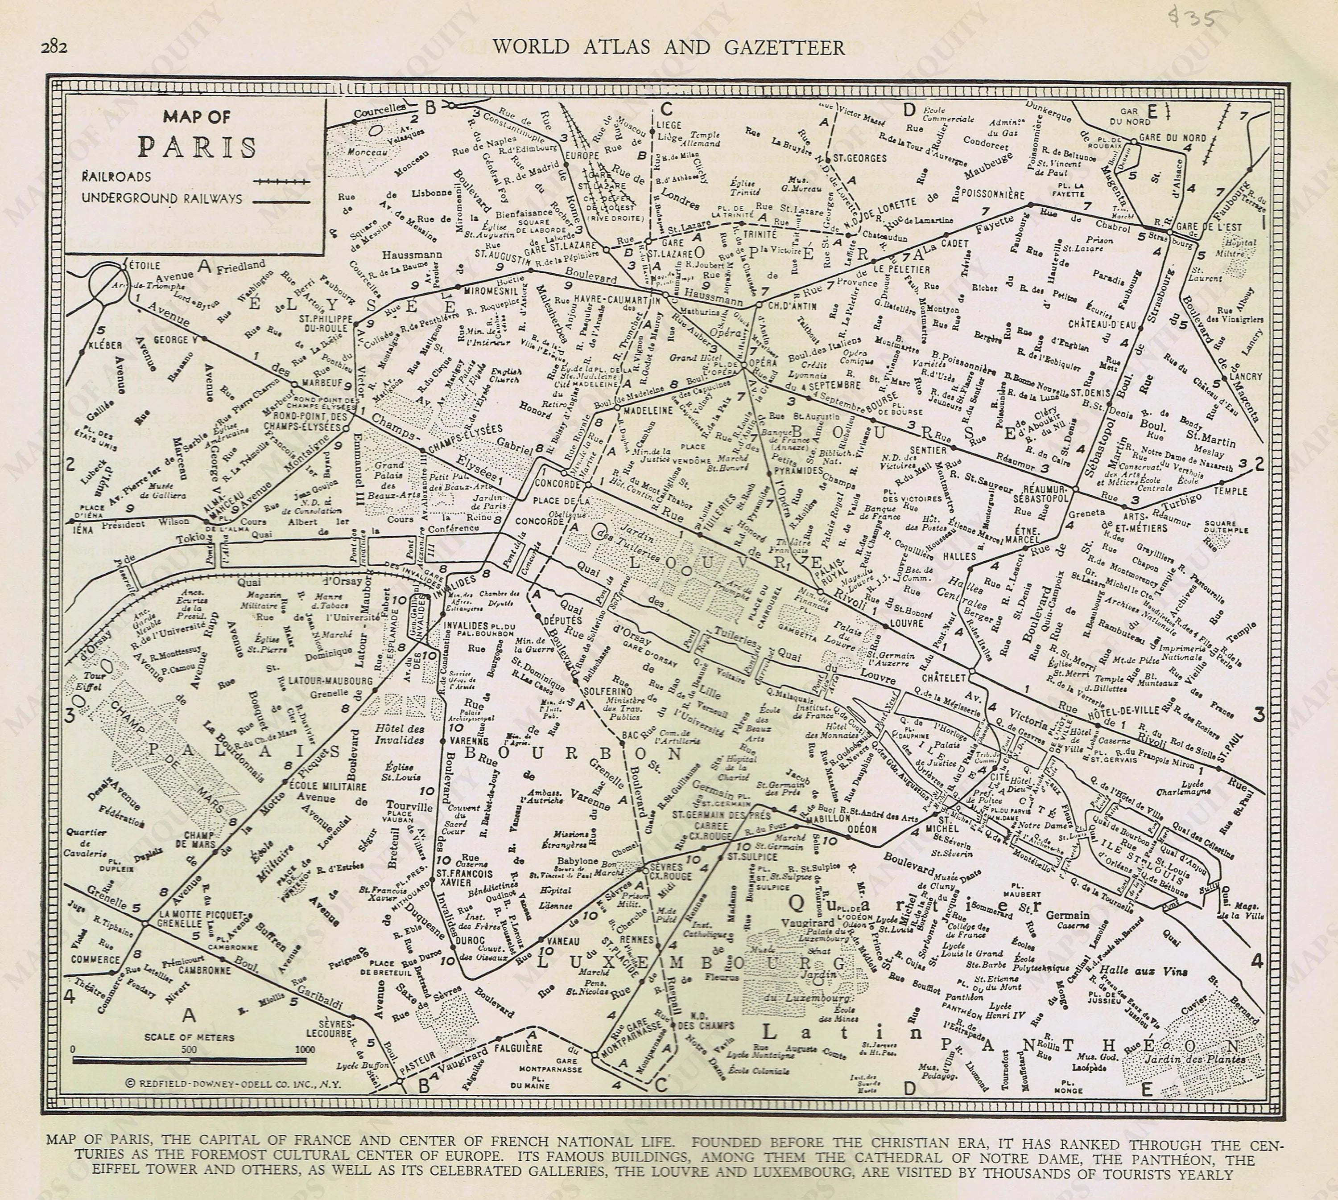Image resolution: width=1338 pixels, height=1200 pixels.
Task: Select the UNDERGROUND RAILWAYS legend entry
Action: pos(161,198)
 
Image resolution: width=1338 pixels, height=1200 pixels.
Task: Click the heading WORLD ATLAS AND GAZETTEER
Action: pos(669,47)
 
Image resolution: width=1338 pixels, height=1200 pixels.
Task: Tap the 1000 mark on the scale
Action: pos(304,1049)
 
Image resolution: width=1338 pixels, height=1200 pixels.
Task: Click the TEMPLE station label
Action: pos(1231,491)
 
